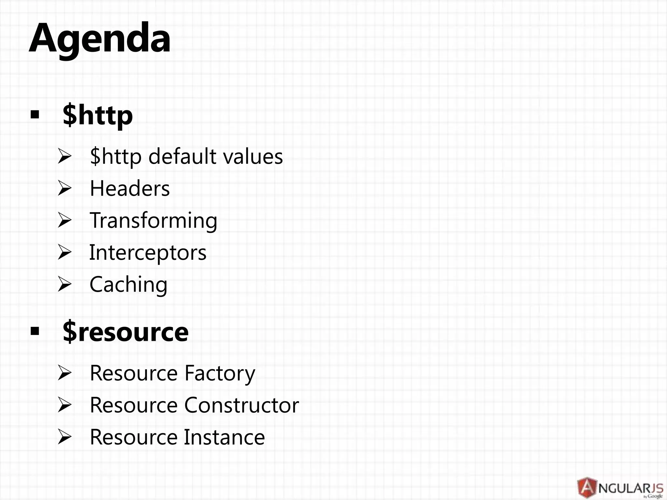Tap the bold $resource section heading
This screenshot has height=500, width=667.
point(125,332)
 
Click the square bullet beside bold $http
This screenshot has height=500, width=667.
point(35,115)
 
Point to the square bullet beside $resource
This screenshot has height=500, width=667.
point(35,332)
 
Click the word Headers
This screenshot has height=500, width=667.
point(130,188)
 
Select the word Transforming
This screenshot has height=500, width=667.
point(153,220)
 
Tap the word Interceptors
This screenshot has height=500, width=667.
point(148,252)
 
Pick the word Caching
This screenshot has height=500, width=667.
point(128,285)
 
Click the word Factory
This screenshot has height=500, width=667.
point(220,373)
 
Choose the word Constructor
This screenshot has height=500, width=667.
point(241,405)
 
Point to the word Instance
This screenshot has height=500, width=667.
point(224,437)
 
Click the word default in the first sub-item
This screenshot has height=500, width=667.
point(182,156)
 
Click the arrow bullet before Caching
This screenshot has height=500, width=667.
point(64,285)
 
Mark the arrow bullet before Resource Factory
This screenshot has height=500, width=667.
point(64,373)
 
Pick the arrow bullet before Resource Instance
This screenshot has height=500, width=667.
point(64,437)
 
